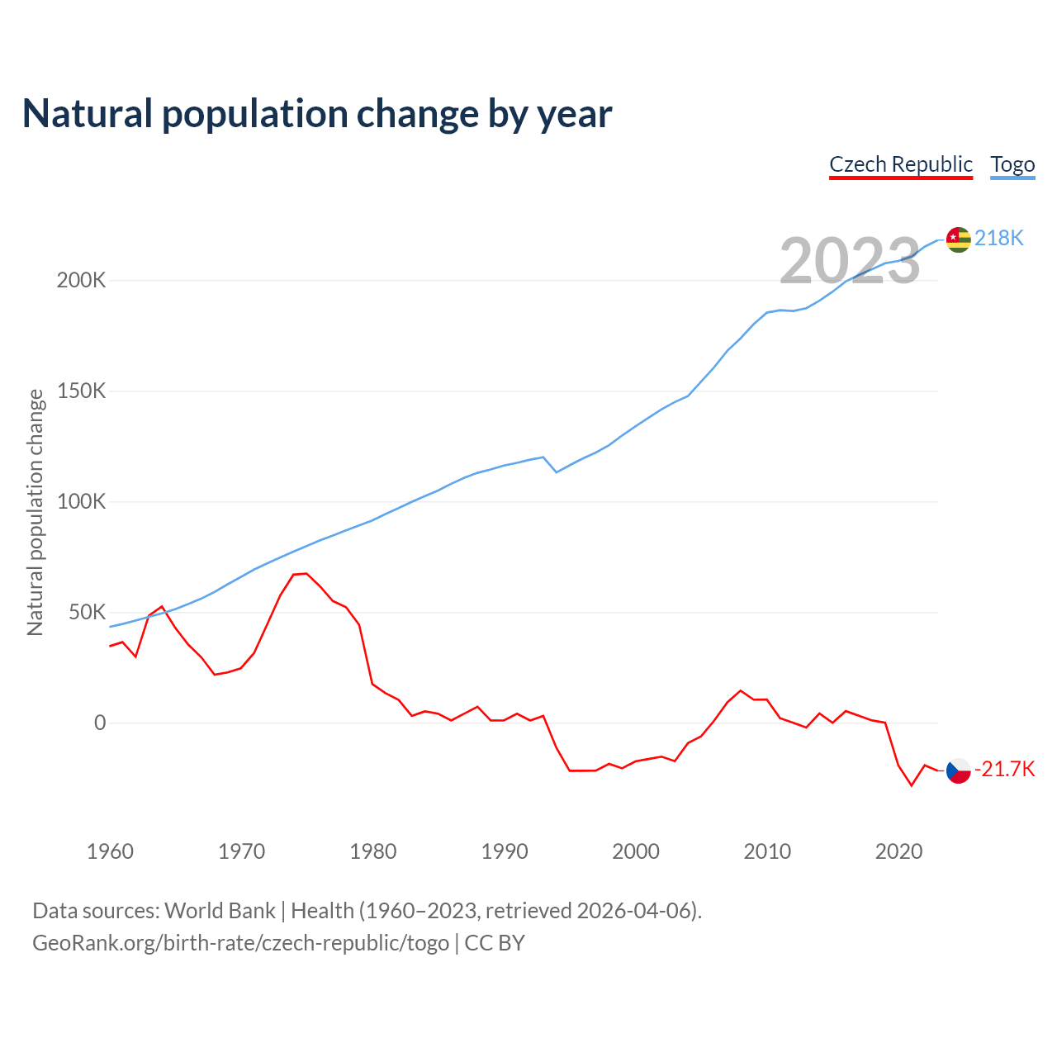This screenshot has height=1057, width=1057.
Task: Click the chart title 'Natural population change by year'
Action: [x=317, y=114]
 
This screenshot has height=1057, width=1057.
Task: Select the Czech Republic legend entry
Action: [x=901, y=164]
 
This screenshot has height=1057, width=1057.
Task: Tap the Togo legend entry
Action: [x=1012, y=164]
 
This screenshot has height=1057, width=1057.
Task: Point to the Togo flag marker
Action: [x=958, y=239]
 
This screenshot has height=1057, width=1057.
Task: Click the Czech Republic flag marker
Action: [x=958, y=770]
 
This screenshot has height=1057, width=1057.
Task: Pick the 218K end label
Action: [x=998, y=239]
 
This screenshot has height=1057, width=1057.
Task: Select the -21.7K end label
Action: [x=1004, y=770]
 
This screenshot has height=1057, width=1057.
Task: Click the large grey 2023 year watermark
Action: [x=850, y=260]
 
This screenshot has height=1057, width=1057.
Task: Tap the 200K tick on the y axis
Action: [x=81, y=281]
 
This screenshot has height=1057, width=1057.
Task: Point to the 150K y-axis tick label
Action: [x=81, y=391]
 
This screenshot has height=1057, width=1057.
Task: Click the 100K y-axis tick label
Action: [x=81, y=502]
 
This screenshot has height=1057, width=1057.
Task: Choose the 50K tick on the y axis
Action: [x=88, y=613]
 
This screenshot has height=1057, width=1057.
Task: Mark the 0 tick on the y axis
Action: [x=100, y=723]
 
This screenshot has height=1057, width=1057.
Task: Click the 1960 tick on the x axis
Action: [x=110, y=851]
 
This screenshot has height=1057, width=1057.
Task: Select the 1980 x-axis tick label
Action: [x=373, y=851]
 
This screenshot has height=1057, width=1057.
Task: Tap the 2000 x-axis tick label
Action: [x=636, y=851]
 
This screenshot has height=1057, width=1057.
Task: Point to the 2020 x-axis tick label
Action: [x=898, y=851]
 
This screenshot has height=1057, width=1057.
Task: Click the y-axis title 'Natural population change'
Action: [x=35, y=513]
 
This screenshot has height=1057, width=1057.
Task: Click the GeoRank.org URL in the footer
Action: [x=240, y=943]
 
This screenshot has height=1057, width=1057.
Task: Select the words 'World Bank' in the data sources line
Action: [x=220, y=911]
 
